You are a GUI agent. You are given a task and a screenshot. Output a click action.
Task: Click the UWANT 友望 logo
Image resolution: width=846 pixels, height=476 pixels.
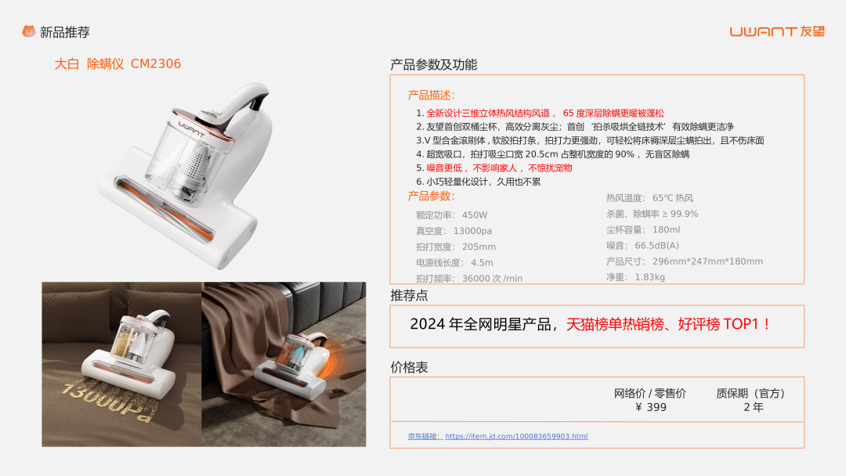(x=777, y=32)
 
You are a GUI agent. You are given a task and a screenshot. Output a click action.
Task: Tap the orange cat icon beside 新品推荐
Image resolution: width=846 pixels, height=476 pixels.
(x=29, y=32)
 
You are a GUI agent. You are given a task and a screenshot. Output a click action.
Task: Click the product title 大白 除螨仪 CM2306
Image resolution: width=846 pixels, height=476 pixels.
(x=117, y=64)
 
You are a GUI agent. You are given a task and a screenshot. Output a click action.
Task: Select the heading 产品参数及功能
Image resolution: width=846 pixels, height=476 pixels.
(x=433, y=65)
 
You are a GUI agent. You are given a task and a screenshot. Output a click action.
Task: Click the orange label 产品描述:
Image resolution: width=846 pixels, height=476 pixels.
(x=431, y=96)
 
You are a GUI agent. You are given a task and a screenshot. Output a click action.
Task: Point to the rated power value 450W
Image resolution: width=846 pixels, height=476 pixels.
(x=475, y=215)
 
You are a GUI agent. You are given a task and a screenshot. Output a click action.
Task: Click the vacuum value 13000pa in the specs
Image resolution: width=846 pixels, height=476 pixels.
(x=472, y=231)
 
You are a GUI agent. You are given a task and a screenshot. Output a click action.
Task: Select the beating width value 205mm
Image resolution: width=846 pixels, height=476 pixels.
(x=479, y=247)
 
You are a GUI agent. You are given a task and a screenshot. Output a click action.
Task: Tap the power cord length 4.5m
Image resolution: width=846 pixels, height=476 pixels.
(x=482, y=262)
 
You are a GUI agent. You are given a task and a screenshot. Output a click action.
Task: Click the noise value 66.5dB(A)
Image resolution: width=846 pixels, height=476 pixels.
(x=656, y=246)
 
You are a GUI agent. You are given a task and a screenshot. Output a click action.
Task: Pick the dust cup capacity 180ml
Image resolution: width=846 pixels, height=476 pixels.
(x=666, y=229)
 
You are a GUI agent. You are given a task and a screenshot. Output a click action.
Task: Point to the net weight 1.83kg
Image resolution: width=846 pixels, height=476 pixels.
(x=649, y=277)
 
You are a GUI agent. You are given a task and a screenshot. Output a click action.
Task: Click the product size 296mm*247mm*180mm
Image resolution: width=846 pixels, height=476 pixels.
(x=707, y=261)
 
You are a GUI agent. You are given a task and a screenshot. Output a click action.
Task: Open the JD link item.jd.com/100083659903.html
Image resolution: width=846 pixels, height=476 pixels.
(x=516, y=436)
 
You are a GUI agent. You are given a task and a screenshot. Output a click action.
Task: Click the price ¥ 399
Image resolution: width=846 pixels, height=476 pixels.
(x=650, y=408)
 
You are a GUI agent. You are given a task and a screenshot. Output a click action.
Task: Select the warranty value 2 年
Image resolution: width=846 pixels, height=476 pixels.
(x=754, y=408)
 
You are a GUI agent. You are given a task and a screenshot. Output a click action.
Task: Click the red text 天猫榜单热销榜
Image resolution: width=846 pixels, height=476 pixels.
(x=615, y=324)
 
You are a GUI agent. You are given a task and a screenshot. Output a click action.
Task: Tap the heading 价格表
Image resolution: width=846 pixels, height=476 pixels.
(x=409, y=368)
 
